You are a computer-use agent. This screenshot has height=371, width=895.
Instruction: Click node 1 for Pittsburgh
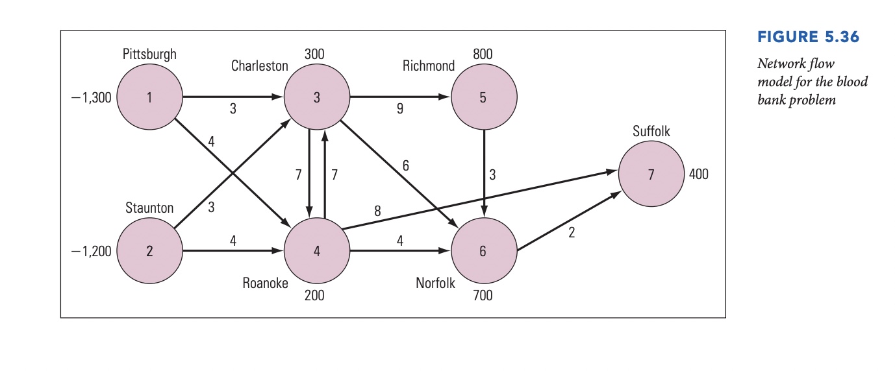tap(150, 98)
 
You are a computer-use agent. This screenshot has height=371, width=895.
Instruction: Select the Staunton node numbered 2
tap(150, 251)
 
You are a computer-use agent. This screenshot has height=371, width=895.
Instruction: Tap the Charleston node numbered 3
tap(316, 98)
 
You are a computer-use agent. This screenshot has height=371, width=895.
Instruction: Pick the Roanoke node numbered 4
tap(316, 251)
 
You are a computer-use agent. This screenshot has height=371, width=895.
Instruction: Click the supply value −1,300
tap(92, 98)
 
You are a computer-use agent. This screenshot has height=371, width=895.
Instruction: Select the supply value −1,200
tap(92, 251)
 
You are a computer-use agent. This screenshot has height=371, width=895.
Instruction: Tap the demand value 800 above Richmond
tap(483, 54)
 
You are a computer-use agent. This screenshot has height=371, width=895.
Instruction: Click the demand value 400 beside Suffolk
tap(699, 174)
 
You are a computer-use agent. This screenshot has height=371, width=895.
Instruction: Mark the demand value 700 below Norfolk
tap(483, 296)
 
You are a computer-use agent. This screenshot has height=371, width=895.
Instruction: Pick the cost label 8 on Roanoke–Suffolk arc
tap(377, 211)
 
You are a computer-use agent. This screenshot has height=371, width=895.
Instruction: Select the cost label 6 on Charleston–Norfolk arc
tap(405, 166)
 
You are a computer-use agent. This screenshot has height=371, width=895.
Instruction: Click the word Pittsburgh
tap(149, 54)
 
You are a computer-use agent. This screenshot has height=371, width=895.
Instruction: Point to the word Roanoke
tap(265, 283)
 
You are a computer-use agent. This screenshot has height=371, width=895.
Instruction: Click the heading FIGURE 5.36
tap(808, 37)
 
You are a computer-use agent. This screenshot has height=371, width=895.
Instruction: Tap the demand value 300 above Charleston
tap(314, 54)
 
